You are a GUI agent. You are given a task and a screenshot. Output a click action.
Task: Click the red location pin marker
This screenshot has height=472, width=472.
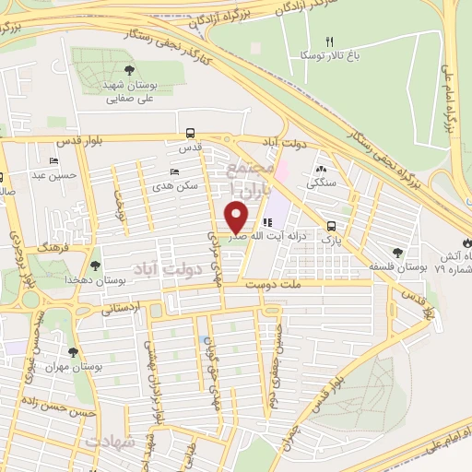pyautogui.click(x=237, y=218)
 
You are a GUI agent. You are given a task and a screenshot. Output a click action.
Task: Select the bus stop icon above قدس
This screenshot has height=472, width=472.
pyautogui.click(x=190, y=132)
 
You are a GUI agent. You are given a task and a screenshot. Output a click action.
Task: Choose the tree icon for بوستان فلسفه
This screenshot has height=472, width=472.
pyautogui.click(x=397, y=252)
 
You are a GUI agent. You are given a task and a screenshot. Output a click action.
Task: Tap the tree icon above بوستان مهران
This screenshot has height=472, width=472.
pyautogui.click(x=73, y=351)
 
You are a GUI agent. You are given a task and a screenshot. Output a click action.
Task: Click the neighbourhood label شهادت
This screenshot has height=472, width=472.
pyautogui.click(x=111, y=442)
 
